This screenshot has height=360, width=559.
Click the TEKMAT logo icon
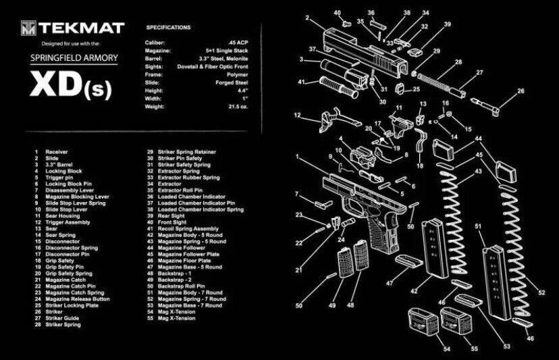click(28, 28)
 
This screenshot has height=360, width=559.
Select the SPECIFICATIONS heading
click(168, 28)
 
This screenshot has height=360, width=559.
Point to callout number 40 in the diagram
click(338, 12)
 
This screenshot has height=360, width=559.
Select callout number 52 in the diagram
click(541, 292)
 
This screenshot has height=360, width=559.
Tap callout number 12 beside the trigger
click(298, 115)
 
